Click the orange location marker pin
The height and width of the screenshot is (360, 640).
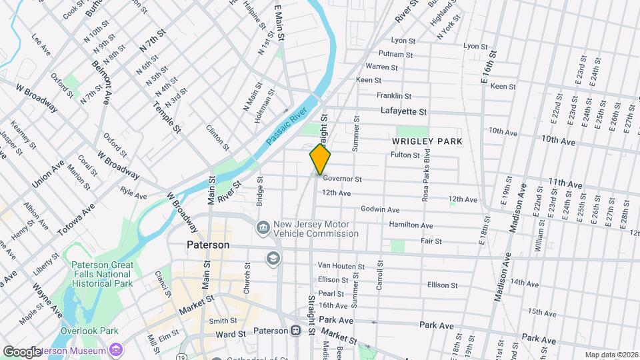[320, 159]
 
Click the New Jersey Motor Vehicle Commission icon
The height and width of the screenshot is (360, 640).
[263, 229]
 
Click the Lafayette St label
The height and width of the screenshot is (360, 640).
[403, 111]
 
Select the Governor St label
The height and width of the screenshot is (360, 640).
[341, 179]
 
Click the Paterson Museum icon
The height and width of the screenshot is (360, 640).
[117, 350]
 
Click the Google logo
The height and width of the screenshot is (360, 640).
[23, 351]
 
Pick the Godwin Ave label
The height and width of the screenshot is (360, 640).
[379, 209]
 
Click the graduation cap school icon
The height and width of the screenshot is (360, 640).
[273, 258]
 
